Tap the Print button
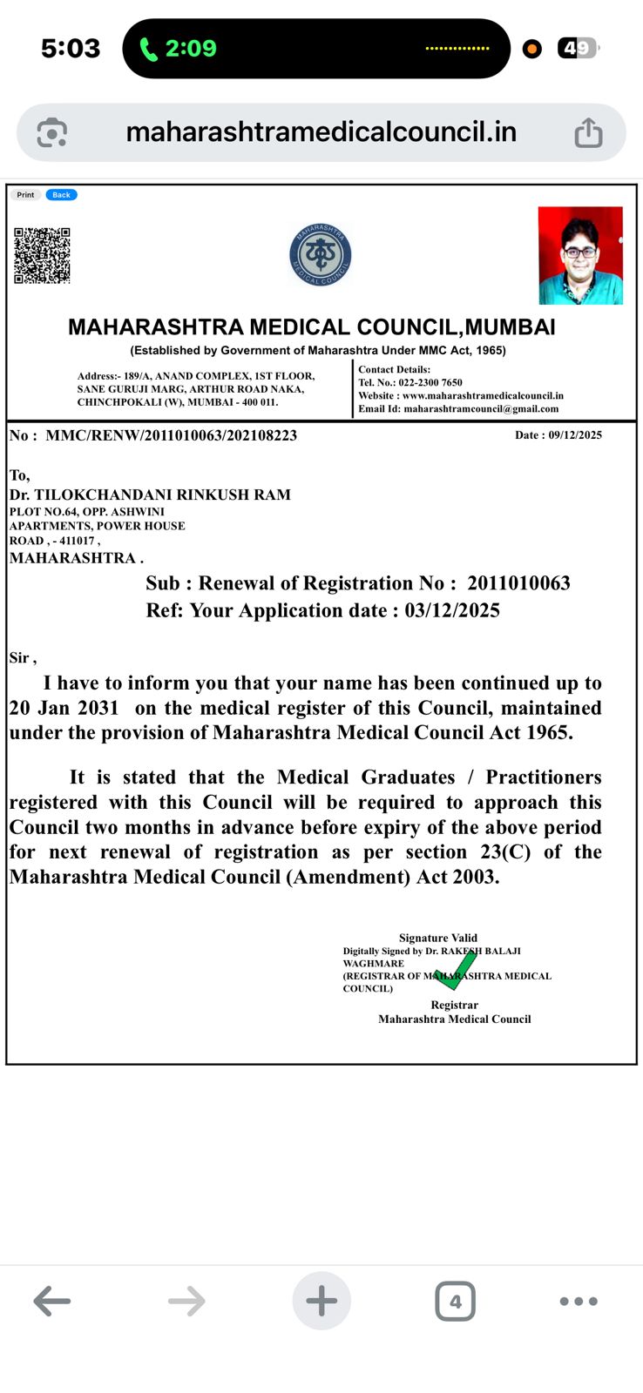tap(25, 195)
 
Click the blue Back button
tap(61, 195)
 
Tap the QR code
tap(42, 255)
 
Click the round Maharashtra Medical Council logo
tap(321, 255)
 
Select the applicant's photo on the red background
tap(580, 255)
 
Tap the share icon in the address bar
tap(588, 133)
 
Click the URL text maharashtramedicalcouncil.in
tap(321, 132)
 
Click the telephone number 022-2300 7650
tap(430, 382)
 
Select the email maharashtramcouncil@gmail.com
tap(481, 408)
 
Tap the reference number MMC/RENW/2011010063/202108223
tap(171, 435)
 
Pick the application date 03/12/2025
tap(451, 610)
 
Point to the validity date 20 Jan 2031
tap(64, 708)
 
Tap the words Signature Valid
tap(437, 938)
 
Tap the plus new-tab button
tap(321, 1302)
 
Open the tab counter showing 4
tap(455, 1302)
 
